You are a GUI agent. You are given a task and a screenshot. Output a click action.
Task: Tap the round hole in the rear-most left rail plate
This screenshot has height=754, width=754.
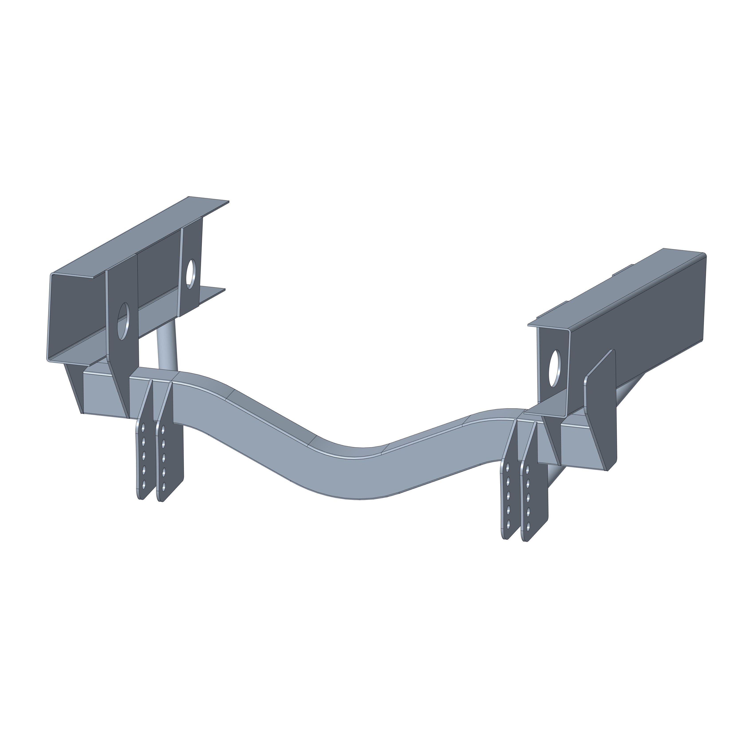pyautogui.click(x=191, y=274)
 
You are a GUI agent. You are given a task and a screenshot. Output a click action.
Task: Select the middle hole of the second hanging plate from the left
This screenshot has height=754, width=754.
pyautogui.click(x=163, y=458)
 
